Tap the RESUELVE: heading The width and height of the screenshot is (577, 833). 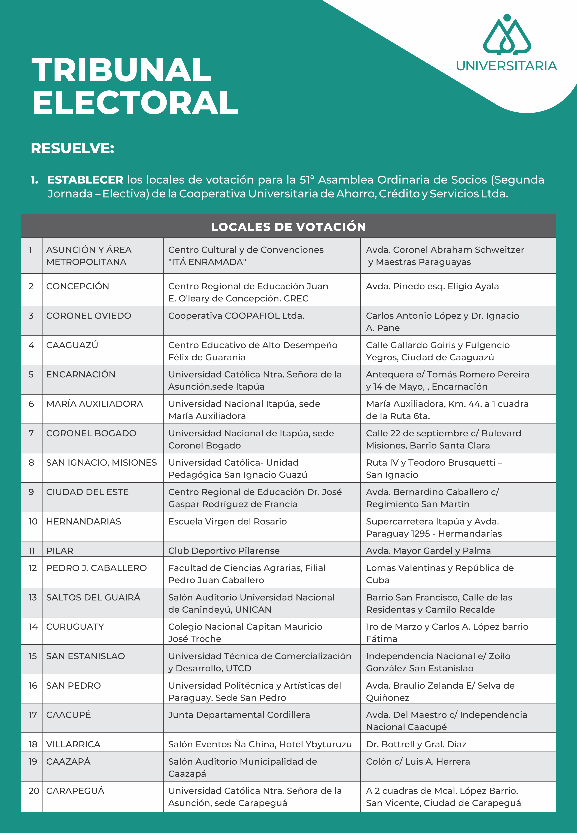click(x=72, y=148)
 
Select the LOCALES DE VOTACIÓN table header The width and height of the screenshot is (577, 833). click(x=288, y=227)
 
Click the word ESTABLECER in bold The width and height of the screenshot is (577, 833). click(x=85, y=180)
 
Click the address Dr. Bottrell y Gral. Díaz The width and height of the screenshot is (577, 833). click(x=416, y=744)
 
